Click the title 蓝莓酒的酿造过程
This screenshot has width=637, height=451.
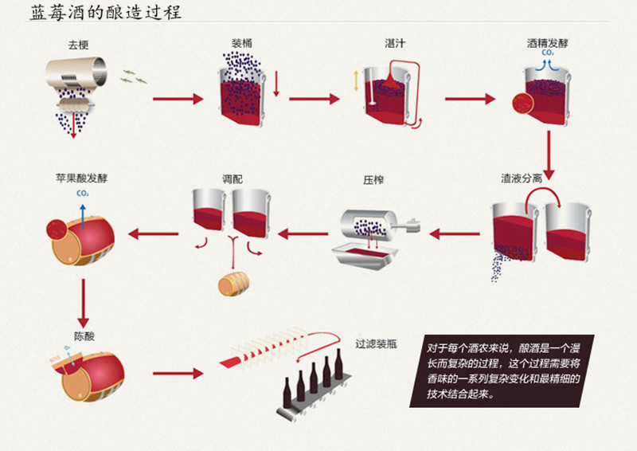pos(106,12)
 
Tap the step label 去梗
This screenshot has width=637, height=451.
pos(78,45)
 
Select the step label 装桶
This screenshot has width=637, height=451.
pos(242,43)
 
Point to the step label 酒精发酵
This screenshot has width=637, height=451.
pos(547,43)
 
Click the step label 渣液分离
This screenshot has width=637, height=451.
pos(522,178)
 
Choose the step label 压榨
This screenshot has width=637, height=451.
pos(373,180)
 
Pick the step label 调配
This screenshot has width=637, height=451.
pos(233,179)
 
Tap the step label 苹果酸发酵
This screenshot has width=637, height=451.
pos(82,178)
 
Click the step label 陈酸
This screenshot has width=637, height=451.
pos(84,336)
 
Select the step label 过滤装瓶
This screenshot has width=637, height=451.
pos(376,344)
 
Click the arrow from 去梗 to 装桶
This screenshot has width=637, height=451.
pos(178,99)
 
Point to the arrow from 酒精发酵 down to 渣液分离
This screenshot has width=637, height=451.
pos(549,155)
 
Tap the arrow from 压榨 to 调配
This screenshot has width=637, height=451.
pos(303,233)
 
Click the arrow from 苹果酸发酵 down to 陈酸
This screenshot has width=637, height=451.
pos(84,304)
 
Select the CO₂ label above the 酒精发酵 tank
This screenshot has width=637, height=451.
pos(548,53)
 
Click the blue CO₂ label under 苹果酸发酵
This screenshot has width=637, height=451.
pos(83,194)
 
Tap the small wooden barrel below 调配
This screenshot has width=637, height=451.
pos(233,284)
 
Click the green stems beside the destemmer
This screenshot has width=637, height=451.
pos(134,76)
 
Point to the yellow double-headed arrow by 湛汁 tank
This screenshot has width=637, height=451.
pos(356,81)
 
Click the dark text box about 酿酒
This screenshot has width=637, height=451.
pos(502,371)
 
